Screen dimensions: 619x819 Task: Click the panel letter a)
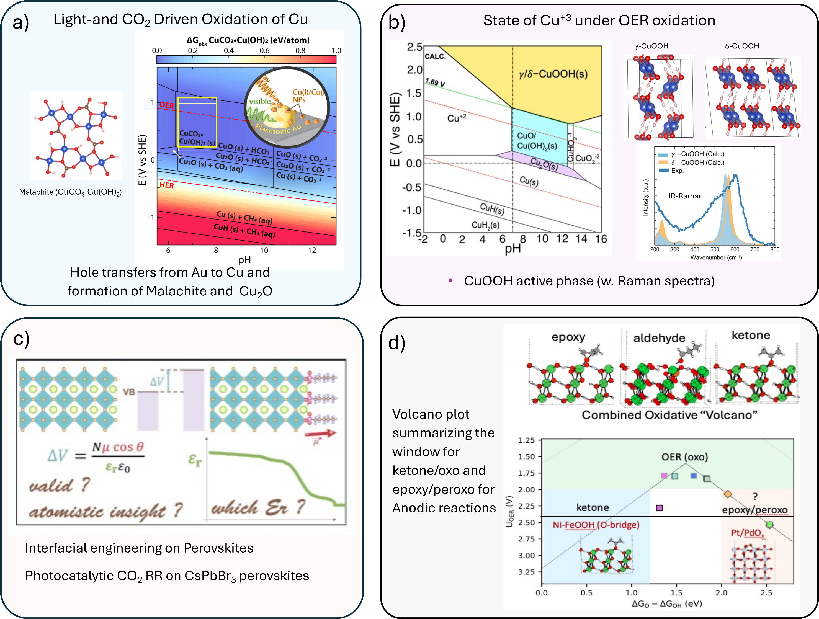[x=21, y=22]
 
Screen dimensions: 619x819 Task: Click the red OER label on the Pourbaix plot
[x=167, y=105]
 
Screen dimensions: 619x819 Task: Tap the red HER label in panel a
[x=167, y=185]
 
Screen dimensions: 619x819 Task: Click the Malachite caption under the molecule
[x=70, y=192]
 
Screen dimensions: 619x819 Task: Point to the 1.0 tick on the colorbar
[x=336, y=51]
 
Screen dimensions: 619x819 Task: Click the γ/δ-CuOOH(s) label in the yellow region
[x=553, y=74]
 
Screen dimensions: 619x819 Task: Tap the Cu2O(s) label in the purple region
[x=544, y=164]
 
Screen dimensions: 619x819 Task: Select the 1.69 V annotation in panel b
[x=435, y=82]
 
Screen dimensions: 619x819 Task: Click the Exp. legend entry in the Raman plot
[x=677, y=171]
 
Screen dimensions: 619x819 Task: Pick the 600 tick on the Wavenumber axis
[x=735, y=249]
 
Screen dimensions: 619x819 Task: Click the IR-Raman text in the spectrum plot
[x=685, y=196]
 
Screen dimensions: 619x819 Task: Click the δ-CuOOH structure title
[x=742, y=46]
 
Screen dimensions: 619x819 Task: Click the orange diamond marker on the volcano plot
[x=728, y=494]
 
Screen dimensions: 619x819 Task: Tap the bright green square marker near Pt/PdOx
[x=769, y=524]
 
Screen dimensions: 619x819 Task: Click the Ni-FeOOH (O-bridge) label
[x=596, y=525]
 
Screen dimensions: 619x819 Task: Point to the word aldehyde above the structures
[x=659, y=338]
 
